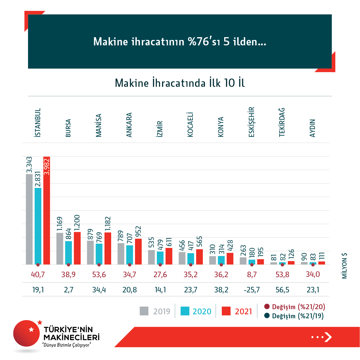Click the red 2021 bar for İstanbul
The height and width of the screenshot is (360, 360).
pos(47,213)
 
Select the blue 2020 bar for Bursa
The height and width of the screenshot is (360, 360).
pos(69,252)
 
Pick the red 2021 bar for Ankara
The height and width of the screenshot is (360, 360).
pos(138,251)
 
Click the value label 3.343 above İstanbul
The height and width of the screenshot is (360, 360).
pos(29,165)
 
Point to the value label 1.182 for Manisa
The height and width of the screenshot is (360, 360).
pos(108,224)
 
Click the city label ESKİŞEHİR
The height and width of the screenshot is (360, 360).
pos(252,122)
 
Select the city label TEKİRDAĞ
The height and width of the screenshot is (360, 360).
pos(282,122)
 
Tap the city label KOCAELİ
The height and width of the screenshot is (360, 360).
pos(190,125)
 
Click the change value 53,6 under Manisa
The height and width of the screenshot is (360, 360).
pos(99,275)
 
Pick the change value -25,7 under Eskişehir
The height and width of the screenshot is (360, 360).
pos(252,290)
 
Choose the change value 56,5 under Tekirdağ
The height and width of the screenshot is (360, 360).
pos(282,290)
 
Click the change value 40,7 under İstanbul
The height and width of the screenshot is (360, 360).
pos(38,275)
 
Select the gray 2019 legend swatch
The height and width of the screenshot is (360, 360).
pos(144,311)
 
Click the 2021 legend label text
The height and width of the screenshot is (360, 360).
pos(243,311)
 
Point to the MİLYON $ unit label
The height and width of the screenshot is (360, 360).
pos(344,266)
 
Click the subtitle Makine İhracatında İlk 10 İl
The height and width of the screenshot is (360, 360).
pos(180,83)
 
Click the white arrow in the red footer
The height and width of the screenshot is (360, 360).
pos(328,337)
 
